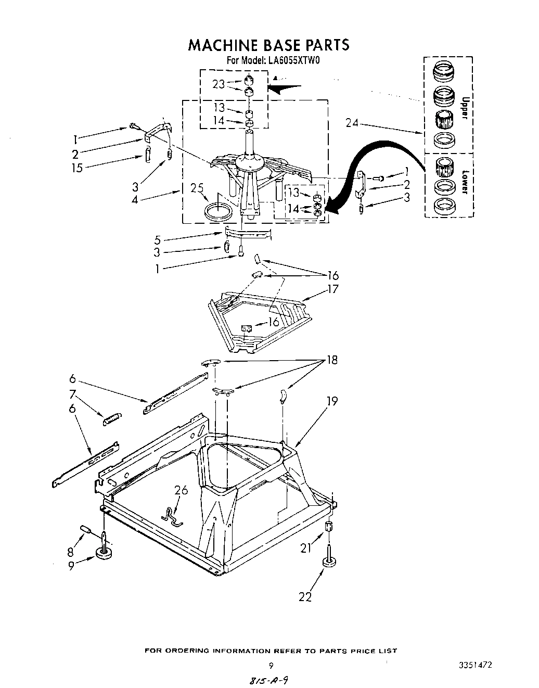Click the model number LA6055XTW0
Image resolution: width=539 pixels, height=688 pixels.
[293, 60]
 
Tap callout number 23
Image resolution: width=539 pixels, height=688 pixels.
[219, 84]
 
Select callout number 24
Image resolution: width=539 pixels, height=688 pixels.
[352, 123]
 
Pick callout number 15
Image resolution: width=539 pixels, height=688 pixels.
[77, 168]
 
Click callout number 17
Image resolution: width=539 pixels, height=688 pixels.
[332, 289]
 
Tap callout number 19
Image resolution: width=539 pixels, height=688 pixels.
[332, 401]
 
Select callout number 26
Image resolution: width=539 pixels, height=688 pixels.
[181, 490]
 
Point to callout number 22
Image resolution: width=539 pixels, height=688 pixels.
[305, 597]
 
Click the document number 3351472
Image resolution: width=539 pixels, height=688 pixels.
[475, 665]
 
